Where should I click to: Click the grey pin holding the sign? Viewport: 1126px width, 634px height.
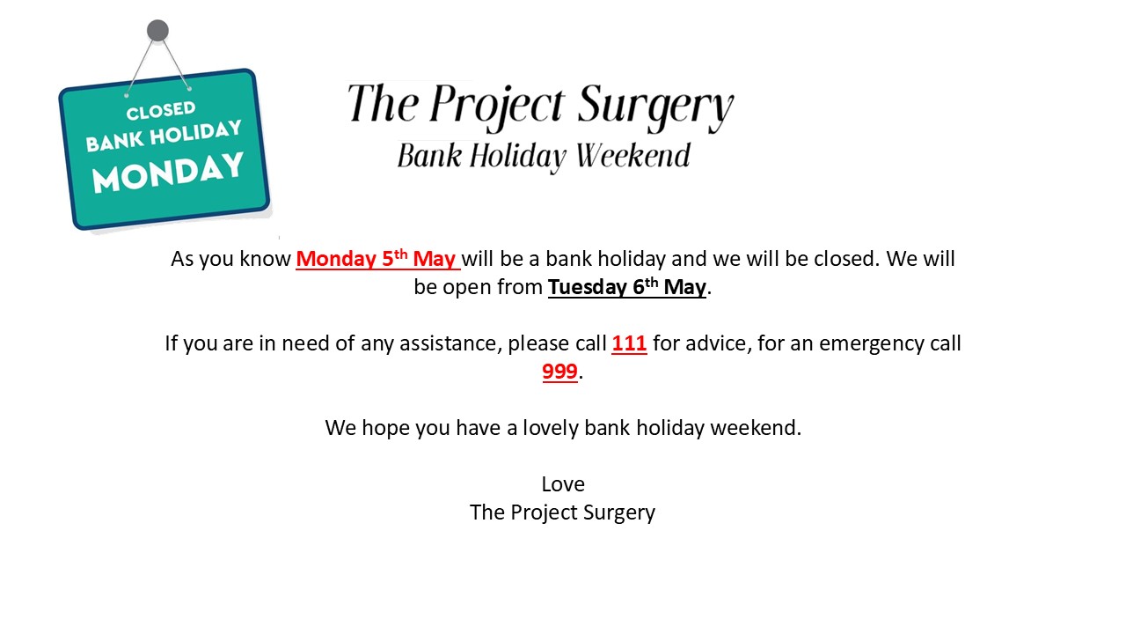(x=157, y=31)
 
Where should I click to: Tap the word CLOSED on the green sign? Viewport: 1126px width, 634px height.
(x=161, y=111)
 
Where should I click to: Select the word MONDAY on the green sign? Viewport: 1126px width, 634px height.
(x=168, y=173)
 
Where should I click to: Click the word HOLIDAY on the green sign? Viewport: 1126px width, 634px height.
(x=195, y=134)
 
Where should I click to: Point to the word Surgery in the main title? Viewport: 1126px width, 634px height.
(x=655, y=107)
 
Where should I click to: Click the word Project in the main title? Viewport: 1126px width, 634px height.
(x=497, y=107)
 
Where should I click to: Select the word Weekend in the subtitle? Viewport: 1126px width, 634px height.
(x=632, y=156)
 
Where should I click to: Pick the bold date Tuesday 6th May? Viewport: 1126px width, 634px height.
(x=627, y=287)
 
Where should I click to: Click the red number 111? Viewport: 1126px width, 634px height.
(x=629, y=343)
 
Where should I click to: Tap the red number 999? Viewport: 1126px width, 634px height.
(x=559, y=372)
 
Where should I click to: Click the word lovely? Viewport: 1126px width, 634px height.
(x=551, y=429)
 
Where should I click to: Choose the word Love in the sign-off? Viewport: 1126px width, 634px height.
(x=563, y=484)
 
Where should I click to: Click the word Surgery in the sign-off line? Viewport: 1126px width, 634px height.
(x=618, y=513)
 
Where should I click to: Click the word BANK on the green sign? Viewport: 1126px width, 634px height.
(x=114, y=142)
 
